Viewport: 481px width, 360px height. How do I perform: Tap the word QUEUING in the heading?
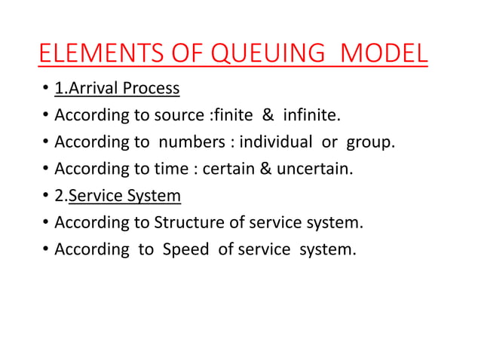(253, 56)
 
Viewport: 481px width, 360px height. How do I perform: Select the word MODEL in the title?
(384, 56)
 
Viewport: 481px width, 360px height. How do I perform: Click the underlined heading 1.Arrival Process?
(117, 88)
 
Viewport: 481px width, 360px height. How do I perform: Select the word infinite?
(312, 115)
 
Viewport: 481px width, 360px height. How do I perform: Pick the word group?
(371, 142)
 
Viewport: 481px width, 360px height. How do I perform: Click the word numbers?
(193, 142)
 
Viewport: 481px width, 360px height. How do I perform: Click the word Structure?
(190, 224)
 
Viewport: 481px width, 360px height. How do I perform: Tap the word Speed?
(185, 250)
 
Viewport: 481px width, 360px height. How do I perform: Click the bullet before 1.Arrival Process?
(45, 90)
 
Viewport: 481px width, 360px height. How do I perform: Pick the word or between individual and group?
(328, 142)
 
